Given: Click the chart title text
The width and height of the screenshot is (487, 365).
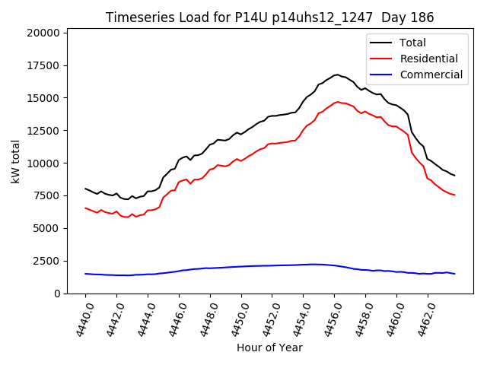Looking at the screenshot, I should point(270,17).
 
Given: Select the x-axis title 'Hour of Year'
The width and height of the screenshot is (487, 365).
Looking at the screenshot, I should point(269,348).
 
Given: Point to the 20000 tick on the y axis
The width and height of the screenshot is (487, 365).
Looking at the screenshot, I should point(43,33).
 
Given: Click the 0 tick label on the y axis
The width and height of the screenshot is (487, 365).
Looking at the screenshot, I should point(58,294).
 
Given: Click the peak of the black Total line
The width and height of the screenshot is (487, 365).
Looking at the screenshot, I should point(337,75).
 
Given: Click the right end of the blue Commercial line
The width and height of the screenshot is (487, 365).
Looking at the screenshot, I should point(454,274).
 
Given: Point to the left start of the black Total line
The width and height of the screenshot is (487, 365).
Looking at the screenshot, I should point(85,189).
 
